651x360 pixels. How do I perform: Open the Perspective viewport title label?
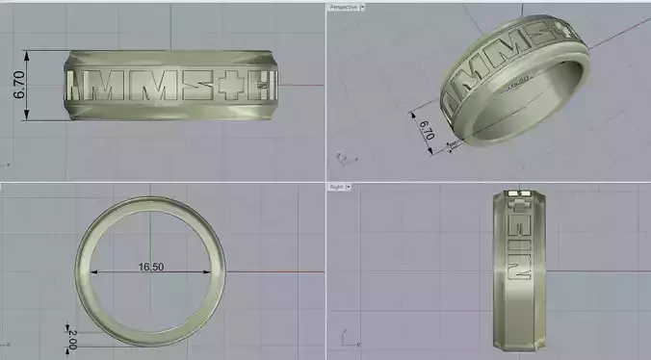343,7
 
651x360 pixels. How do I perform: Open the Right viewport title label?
337,187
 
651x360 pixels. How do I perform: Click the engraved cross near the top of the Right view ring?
518,205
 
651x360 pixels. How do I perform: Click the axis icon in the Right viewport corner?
345,338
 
